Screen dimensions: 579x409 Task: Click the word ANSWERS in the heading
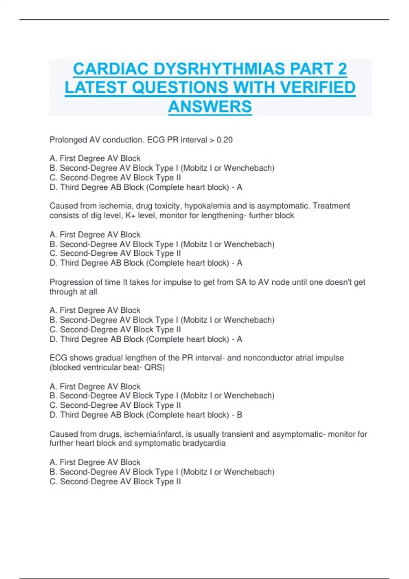click(210, 107)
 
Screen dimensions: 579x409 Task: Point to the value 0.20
click(225, 140)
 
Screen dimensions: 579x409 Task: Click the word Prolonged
click(68, 140)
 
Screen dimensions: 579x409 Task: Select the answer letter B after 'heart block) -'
click(239, 415)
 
